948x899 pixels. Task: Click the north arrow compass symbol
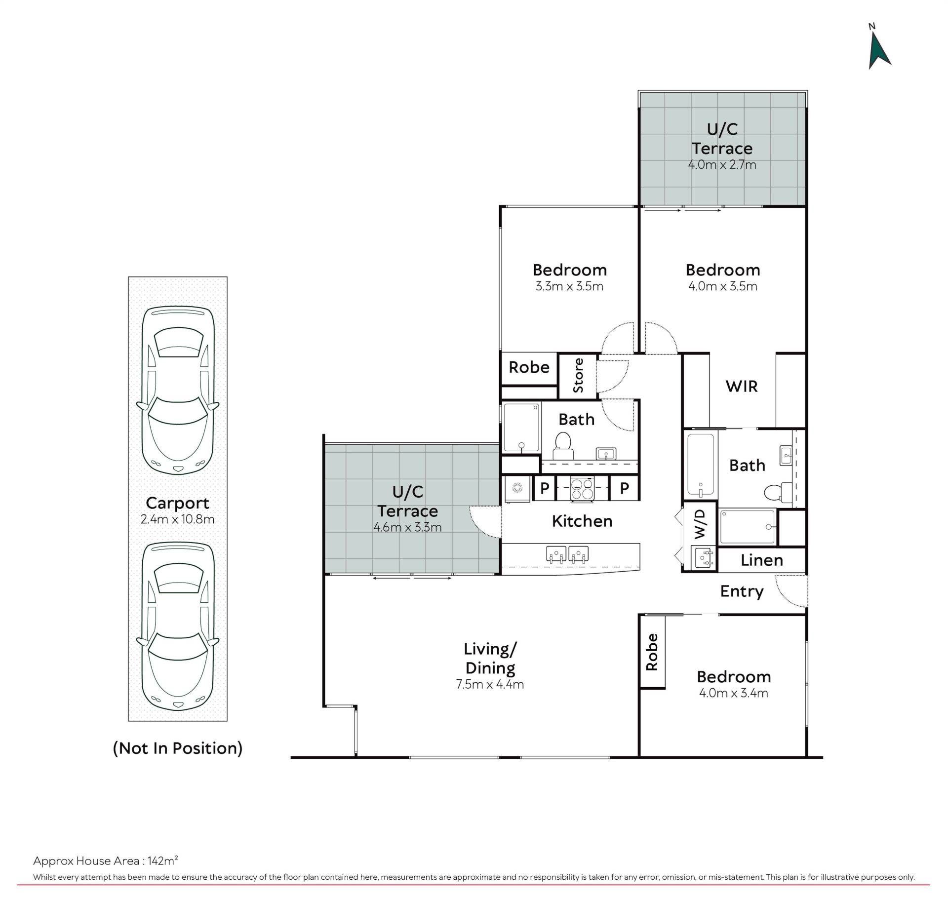(x=879, y=49)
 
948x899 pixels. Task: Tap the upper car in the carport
(x=178, y=391)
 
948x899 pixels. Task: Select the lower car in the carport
(x=178, y=626)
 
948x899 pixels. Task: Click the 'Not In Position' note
(x=178, y=748)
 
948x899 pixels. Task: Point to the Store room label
(x=578, y=376)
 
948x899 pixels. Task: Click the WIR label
(x=742, y=386)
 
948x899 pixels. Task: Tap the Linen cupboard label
(x=762, y=560)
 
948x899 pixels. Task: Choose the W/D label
(x=700, y=524)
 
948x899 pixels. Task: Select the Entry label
(x=742, y=591)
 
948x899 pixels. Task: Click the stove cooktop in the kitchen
(x=582, y=489)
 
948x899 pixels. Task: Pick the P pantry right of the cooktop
(x=625, y=488)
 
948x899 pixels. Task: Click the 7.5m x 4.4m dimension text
(x=490, y=684)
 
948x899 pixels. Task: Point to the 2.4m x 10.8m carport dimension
(x=178, y=519)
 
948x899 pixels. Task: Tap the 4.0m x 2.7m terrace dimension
(x=722, y=164)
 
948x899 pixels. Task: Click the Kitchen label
(x=582, y=521)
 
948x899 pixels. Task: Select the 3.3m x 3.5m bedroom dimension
(x=569, y=286)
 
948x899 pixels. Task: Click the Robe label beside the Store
(x=529, y=367)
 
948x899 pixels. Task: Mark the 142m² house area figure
(x=162, y=861)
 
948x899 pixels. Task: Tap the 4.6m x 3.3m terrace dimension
(x=407, y=527)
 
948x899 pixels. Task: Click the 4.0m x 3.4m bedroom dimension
(x=734, y=693)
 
